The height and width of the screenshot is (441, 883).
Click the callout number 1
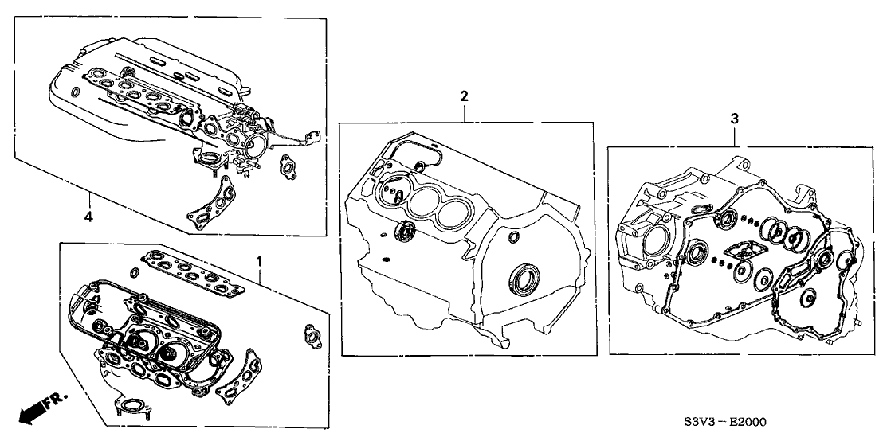[x=259, y=261]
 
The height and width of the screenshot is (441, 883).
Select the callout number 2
[x=464, y=96]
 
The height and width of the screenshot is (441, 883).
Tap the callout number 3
[x=734, y=119]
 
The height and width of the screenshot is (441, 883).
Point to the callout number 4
[x=88, y=217]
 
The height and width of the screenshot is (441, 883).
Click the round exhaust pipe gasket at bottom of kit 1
[x=132, y=406]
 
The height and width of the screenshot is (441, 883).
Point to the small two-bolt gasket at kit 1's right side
[x=310, y=333]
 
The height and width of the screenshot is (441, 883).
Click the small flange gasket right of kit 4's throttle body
[x=286, y=167]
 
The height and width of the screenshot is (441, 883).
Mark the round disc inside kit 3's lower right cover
[x=809, y=299]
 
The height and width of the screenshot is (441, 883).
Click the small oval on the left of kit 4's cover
[x=76, y=92]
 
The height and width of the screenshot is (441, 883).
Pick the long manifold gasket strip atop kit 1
[x=191, y=273]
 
